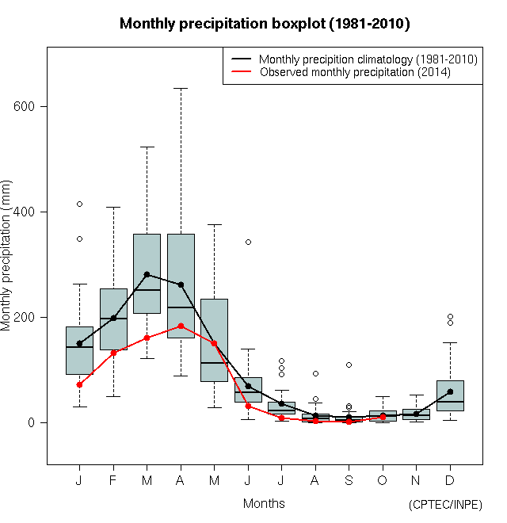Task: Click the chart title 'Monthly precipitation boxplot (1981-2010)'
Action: pos(265,24)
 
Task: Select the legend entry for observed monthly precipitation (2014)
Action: pos(354,72)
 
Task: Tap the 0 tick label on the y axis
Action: pos(32,422)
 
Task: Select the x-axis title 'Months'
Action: pos(264,503)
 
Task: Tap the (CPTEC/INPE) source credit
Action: pos(445,505)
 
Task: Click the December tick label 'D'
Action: pos(450,481)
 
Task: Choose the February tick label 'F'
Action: pos(113,481)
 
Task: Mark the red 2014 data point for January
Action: pos(79,384)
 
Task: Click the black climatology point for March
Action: pos(147,274)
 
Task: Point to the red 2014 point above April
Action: pos(181,326)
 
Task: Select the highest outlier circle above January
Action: pos(79,204)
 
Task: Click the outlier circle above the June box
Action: pos(248,242)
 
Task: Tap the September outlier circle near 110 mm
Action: pos(349,365)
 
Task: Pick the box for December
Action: pos(450,395)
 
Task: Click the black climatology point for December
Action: pos(450,391)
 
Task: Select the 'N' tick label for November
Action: pos(416,481)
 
